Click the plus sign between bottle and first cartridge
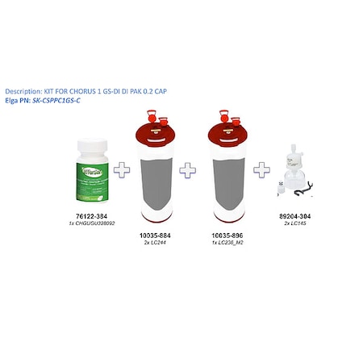[x=123, y=170]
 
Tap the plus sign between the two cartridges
[x=187, y=170]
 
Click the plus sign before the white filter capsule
[x=261, y=170]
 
